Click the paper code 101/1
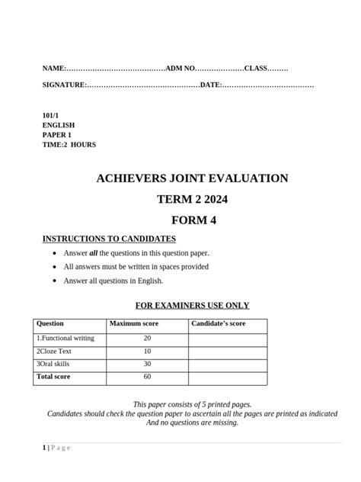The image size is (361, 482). pos(50,114)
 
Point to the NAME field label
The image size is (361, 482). pos(54,69)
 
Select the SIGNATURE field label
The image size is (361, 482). pos(64,85)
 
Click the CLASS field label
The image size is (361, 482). pos(257,69)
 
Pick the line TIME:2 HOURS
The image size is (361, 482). pos(69,144)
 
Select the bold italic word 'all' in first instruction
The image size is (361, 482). pos(94,252)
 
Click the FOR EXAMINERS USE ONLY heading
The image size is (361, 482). pos(192,306)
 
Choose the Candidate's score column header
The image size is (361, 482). pos(218,324)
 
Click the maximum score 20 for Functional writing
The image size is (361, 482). pos(147,338)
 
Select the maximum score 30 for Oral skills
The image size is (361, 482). pos(147,364)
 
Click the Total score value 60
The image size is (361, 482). pos(147,377)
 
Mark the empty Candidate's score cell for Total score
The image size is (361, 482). pos(228,377)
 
